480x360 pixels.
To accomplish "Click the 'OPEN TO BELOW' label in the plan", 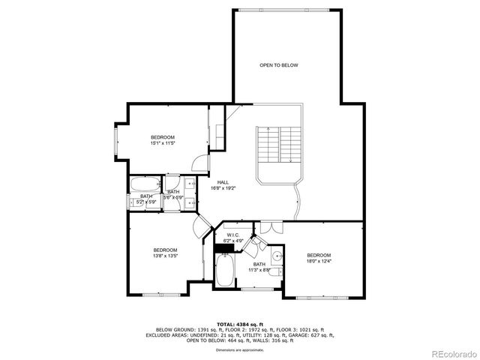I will (279, 66).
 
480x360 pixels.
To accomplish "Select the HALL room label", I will (223, 182).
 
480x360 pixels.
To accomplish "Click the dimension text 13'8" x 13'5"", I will (165, 256).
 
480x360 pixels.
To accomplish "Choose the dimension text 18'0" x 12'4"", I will (319, 261).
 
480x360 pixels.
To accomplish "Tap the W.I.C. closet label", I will (234, 235).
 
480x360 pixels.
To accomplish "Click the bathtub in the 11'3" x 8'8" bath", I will (224, 272).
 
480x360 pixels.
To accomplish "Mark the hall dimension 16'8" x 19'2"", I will (223, 188).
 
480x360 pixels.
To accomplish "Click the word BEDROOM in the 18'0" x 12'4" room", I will (319, 255).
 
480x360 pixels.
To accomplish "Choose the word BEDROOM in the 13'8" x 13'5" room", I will (165, 250).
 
